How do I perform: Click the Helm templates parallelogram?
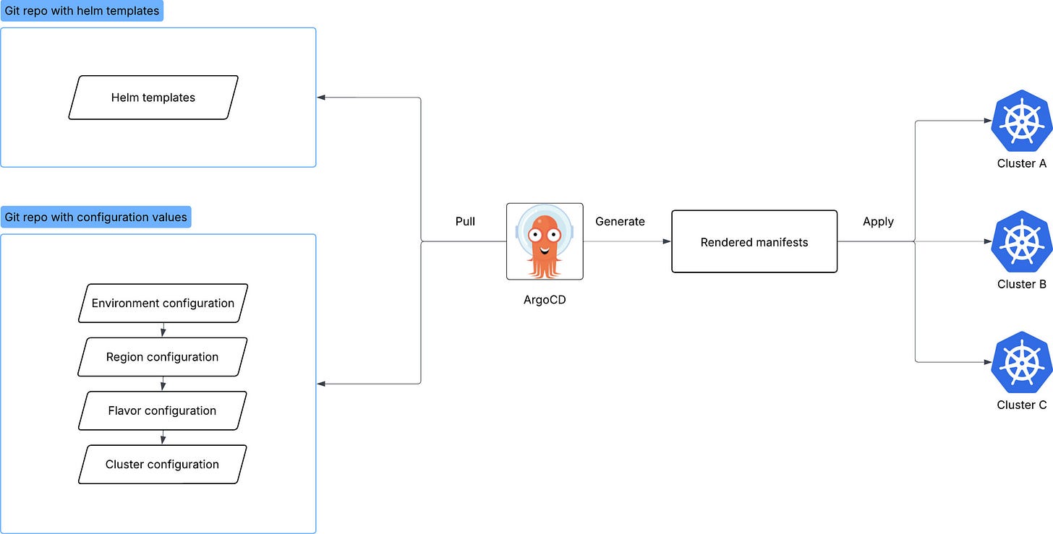click(153, 98)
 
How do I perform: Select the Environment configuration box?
click(163, 303)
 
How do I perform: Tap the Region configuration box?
click(163, 357)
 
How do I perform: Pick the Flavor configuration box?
click(163, 410)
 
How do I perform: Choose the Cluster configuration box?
click(163, 464)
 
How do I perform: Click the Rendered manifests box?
click(754, 242)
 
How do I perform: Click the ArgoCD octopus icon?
click(545, 241)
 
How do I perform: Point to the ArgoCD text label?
click(545, 300)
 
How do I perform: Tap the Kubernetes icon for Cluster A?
click(1021, 120)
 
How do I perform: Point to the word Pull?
click(465, 221)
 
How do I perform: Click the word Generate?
click(620, 221)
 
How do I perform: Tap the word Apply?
click(878, 221)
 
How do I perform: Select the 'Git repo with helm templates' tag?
click(82, 11)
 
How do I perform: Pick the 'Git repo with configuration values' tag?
click(95, 217)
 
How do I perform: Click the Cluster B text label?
click(1021, 284)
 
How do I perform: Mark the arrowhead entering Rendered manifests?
click(667, 242)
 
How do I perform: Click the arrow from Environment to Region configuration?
click(163, 330)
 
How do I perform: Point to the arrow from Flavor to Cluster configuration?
click(163, 437)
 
